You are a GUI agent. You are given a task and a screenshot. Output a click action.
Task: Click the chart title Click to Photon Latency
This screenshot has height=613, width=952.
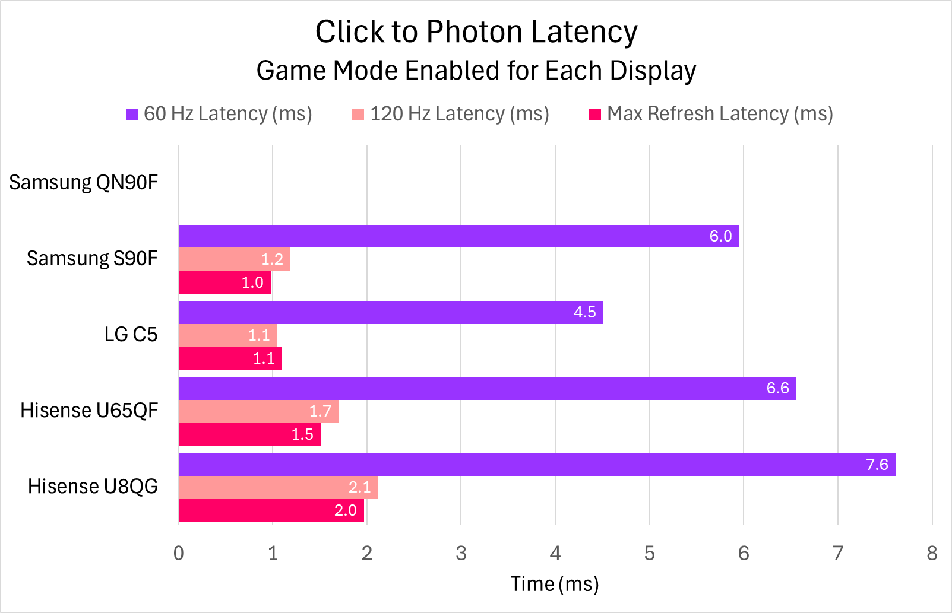point(476,31)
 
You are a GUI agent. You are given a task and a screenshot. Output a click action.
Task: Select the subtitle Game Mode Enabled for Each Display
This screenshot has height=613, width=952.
point(476,71)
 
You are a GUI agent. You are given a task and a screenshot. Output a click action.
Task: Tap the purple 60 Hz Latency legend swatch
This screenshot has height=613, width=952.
point(132,115)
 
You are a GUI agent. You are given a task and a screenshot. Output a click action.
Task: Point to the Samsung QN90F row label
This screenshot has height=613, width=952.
point(83,182)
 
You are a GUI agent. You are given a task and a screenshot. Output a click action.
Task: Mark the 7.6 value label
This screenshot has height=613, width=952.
point(877,464)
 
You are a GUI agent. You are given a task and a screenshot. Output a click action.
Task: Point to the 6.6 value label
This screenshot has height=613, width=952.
point(777,388)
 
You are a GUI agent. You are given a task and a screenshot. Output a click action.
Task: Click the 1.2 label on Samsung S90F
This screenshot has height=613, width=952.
point(272,259)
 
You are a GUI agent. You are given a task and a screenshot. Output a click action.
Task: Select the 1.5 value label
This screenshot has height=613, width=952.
point(302,434)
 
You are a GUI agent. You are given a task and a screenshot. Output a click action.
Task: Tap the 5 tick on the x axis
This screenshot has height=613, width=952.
point(649,553)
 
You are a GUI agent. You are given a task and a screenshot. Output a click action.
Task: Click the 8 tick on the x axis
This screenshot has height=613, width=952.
point(932,553)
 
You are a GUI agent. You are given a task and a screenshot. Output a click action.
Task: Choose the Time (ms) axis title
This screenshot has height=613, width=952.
point(555,584)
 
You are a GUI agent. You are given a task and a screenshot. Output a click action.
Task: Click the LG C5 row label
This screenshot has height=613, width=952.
point(131,334)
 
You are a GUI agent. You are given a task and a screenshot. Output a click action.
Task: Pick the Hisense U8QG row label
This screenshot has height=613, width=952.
point(93,486)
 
